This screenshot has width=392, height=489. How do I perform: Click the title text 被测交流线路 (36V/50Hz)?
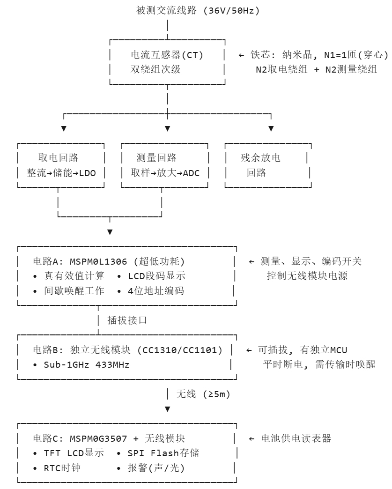click(198, 11)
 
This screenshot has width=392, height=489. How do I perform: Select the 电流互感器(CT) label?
click(167, 55)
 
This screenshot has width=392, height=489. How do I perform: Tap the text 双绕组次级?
click(155, 69)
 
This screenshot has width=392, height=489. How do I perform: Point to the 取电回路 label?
click(59, 158)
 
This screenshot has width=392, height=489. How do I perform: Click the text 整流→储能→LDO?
click(61, 173)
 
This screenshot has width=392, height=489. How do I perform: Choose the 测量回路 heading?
click(156, 158)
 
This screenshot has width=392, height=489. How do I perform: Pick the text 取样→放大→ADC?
click(165, 173)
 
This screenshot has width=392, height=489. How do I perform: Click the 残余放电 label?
click(260, 158)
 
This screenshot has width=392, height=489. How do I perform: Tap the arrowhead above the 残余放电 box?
click(271, 128)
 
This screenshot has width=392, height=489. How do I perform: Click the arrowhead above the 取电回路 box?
click(64, 128)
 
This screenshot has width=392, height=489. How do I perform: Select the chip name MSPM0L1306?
click(98, 261)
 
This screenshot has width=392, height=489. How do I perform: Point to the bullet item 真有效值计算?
click(74, 276)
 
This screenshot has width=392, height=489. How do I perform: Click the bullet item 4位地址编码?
click(156, 291)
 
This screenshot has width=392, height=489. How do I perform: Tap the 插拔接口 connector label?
click(127, 320)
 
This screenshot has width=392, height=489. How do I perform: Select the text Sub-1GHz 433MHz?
click(87, 364)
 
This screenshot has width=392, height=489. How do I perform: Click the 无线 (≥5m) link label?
click(203, 394)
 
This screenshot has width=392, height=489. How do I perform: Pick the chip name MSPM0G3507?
click(98, 438)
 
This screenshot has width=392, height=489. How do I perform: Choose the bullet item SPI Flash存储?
click(163, 453)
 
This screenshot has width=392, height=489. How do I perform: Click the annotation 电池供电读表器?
click(296, 438)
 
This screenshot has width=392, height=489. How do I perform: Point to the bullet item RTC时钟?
click(62, 468)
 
